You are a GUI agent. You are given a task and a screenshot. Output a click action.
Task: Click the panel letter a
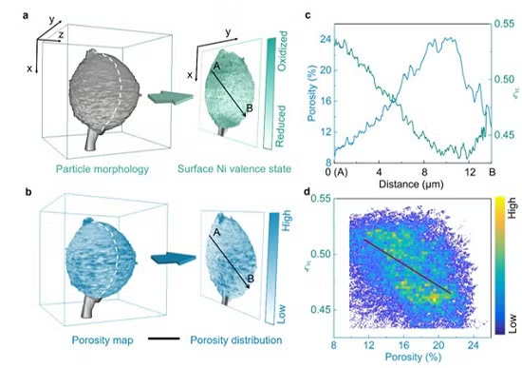pyautogui.click(x=9, y=10)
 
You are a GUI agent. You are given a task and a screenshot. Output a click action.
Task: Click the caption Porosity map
pyautogui.click(x=103, y=339)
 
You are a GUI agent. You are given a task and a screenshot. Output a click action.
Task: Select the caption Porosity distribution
pyautogui.click(x=234, y=339)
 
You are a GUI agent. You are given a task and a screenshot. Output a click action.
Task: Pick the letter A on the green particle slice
pyautogui.click(x=216, y=65)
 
